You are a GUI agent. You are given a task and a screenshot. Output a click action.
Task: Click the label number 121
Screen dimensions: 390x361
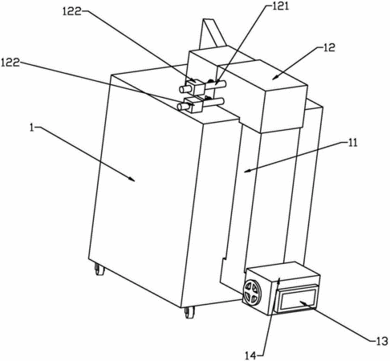coord(281,6)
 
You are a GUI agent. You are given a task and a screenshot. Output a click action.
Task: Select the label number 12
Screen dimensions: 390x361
coord(329,47)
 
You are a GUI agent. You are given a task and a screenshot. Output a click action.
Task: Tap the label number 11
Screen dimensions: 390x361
coord(352,143)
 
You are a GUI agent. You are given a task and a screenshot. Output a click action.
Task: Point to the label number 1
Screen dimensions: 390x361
coord(32,128)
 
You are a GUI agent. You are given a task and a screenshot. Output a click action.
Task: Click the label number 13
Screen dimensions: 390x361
coord(381,341)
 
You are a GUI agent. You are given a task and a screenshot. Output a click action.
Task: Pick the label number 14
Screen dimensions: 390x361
coord(251,355)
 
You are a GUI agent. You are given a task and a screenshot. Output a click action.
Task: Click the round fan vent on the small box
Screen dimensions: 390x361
coord(252,292)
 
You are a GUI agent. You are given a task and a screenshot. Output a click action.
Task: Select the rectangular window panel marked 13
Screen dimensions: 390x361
coord(295,298)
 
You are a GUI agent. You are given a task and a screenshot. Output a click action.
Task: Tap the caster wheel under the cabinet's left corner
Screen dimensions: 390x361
coord(100,270)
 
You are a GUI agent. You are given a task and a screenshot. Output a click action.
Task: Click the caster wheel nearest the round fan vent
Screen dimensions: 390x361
coord(189,312)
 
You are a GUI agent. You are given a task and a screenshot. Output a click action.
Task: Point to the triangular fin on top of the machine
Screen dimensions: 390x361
coord(212,34)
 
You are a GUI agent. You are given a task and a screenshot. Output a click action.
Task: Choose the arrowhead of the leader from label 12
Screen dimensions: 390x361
coord(275,77)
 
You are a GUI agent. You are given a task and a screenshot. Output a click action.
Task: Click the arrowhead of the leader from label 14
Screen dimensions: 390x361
coord(278,281)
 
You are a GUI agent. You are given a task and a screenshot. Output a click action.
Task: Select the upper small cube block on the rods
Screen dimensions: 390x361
coord(197,86)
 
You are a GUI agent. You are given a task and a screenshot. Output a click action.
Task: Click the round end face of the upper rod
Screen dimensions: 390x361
coord(182,89)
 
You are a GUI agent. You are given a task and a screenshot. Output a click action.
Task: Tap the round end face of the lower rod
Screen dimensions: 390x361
coord(180,107)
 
